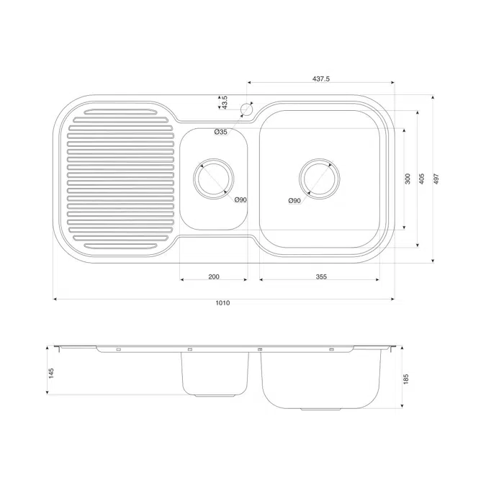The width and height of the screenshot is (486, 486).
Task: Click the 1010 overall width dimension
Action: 222,304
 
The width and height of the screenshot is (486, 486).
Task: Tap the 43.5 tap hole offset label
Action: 225,102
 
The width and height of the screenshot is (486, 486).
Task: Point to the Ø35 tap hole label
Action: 220,132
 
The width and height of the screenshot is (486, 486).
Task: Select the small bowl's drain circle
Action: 213,176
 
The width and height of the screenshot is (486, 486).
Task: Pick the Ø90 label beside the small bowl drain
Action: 240,199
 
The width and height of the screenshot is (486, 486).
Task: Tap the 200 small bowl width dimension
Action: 214,276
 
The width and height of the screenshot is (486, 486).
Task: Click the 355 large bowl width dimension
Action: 321,276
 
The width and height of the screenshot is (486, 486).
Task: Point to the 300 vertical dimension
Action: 408,179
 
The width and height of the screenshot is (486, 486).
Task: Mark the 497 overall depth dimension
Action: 437,179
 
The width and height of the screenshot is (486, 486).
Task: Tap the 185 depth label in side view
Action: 406,379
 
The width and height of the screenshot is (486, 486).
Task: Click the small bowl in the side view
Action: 214,374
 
